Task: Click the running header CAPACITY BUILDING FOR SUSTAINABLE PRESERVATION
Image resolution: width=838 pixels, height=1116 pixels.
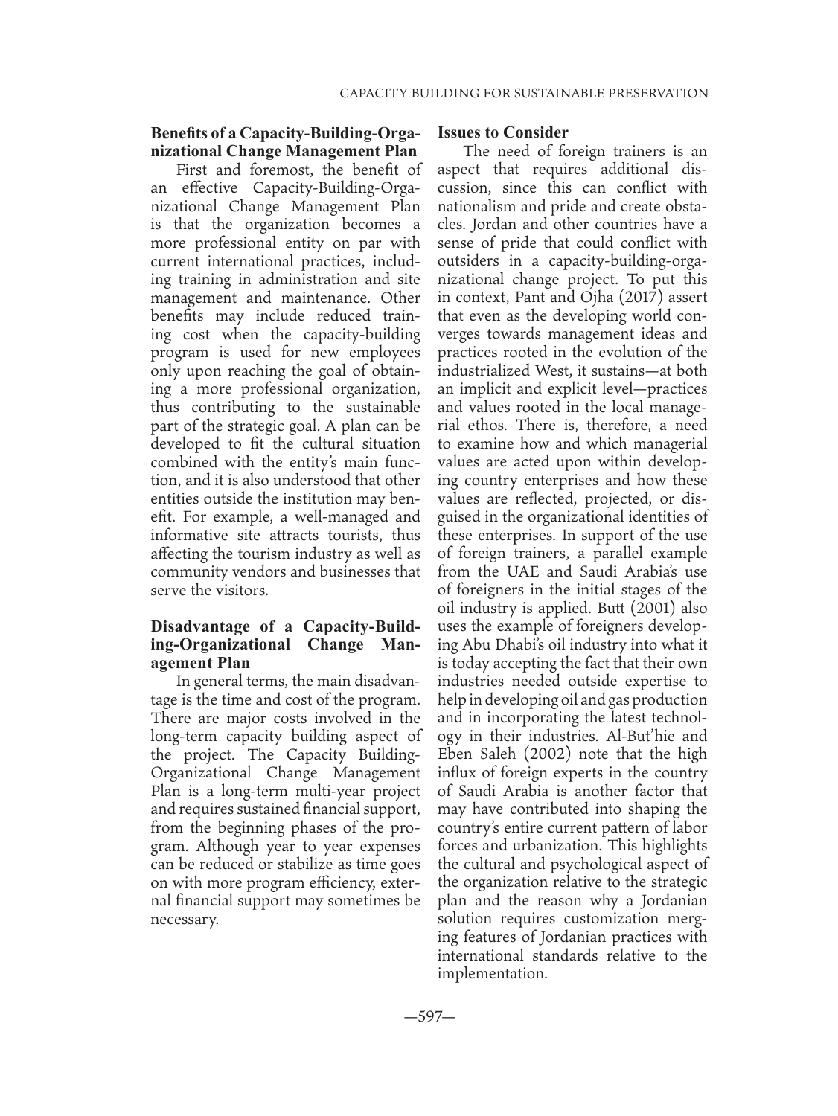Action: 523,93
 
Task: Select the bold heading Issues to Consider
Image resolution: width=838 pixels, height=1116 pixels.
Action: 502,133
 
